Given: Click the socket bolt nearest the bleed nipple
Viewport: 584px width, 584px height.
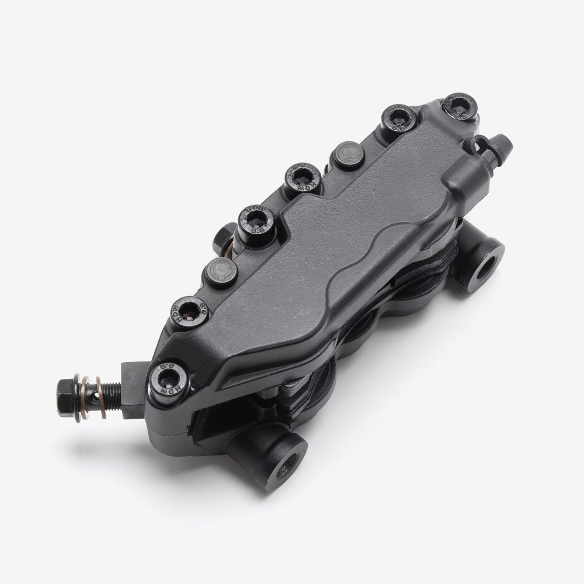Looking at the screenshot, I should point(460,106).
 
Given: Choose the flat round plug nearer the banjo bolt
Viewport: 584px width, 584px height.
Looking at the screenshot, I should point(220,270).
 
